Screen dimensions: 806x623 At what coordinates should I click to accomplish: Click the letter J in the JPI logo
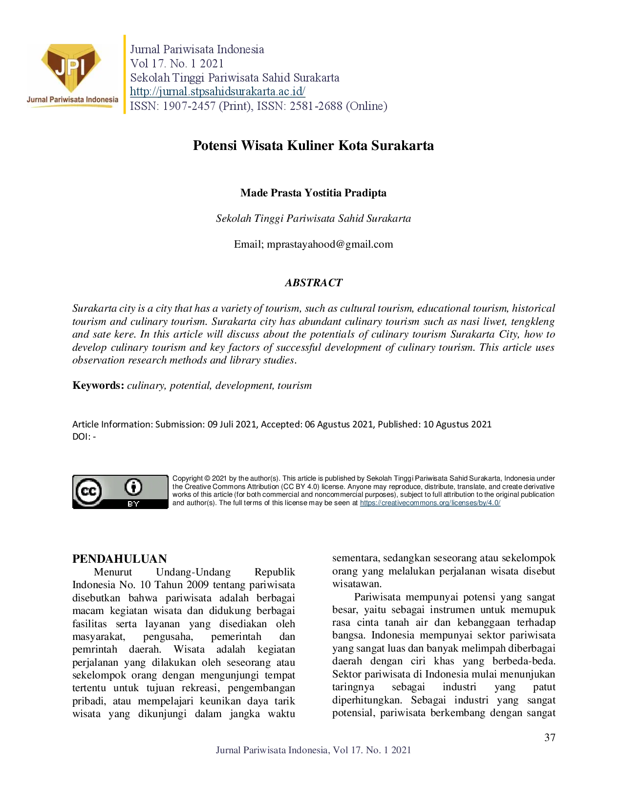60,67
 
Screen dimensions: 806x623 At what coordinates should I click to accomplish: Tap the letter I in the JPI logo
81,66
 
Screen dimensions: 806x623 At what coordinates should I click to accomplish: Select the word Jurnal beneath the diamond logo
37,100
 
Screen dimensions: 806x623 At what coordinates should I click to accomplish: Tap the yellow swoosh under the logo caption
73,106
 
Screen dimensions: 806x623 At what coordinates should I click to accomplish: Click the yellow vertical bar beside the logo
125,74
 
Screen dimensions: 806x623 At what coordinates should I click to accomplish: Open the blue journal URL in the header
218,91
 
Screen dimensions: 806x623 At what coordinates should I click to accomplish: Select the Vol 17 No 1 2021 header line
176,64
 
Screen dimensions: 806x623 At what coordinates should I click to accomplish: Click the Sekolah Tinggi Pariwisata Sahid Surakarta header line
235,77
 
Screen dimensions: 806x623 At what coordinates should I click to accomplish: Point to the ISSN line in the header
258,106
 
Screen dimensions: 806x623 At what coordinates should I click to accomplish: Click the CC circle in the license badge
88,491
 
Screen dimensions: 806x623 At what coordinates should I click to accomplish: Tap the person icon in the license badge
133,487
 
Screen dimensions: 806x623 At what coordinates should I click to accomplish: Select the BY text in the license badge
133,504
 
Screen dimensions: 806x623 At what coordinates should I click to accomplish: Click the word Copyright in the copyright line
188,478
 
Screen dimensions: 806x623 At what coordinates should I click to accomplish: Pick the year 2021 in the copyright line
219,478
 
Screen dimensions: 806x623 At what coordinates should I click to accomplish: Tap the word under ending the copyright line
546,478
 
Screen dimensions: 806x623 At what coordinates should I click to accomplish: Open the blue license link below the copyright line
431,503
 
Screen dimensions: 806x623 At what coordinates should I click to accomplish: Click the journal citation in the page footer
314,750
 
